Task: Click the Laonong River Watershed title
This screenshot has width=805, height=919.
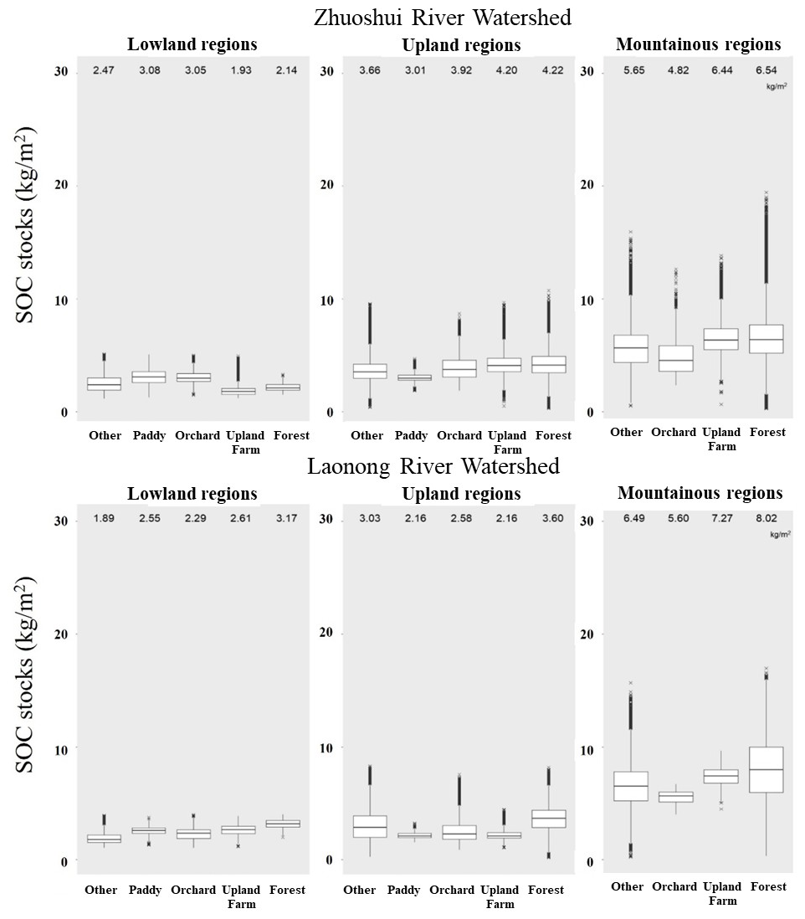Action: pyautogui.click(x=433, y=465)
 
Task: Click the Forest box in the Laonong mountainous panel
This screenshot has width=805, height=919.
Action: pyautogui.click(x=767, y=769)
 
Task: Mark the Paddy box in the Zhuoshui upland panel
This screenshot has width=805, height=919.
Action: pyautogui.click(x=413, y=377)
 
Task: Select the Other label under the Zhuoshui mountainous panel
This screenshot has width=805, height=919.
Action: pyautogui.click(x=626, y=433)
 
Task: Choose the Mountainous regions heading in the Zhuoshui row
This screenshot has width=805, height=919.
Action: pyautogui.click(x=698, y=44)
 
